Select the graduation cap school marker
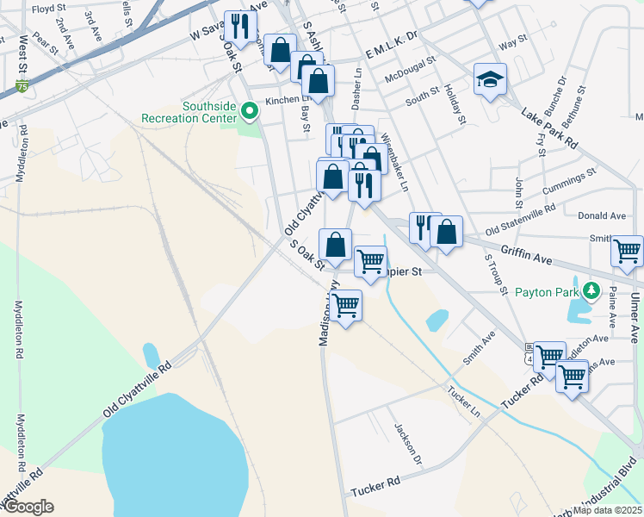pos(490,80)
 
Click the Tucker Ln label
pos(463,398)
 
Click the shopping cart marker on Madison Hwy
pos(345,305)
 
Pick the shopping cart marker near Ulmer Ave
pos(627,252)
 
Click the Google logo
pos(28,507)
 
